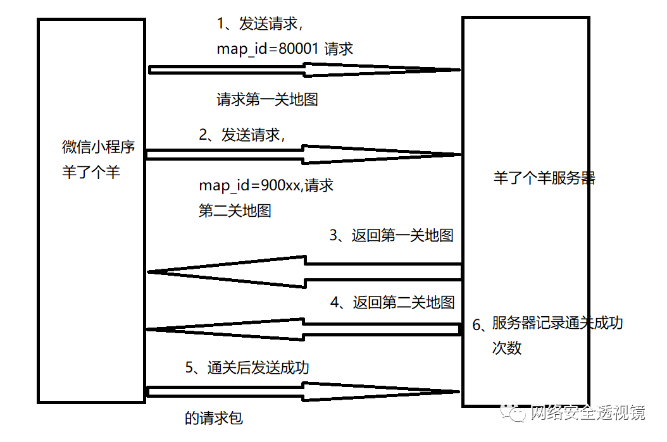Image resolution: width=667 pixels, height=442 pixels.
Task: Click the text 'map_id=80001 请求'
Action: point(285,49)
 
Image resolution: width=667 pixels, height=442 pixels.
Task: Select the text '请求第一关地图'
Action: point(267,99)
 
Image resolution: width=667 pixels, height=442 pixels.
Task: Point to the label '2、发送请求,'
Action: point(242,135)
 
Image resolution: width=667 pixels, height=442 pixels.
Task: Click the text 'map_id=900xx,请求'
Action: point(266,186)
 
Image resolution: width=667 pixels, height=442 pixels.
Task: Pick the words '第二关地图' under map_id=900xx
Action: point(235,211)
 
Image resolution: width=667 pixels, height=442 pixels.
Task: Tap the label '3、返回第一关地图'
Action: point(392,236)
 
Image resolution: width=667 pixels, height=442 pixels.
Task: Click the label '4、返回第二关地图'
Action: point(392,302)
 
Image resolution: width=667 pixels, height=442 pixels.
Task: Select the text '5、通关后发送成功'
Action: point(247,367)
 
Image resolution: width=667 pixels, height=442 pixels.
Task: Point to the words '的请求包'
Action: point(213,418)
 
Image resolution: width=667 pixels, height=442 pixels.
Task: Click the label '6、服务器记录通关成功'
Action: point(548,324)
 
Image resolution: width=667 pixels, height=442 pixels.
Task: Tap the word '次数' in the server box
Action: point(507,348)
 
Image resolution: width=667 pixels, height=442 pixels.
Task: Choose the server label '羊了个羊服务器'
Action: point(544,178)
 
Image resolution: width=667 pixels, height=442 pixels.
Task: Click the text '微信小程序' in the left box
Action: point(99,147)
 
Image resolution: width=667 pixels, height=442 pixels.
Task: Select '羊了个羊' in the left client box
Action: point(91,172)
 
